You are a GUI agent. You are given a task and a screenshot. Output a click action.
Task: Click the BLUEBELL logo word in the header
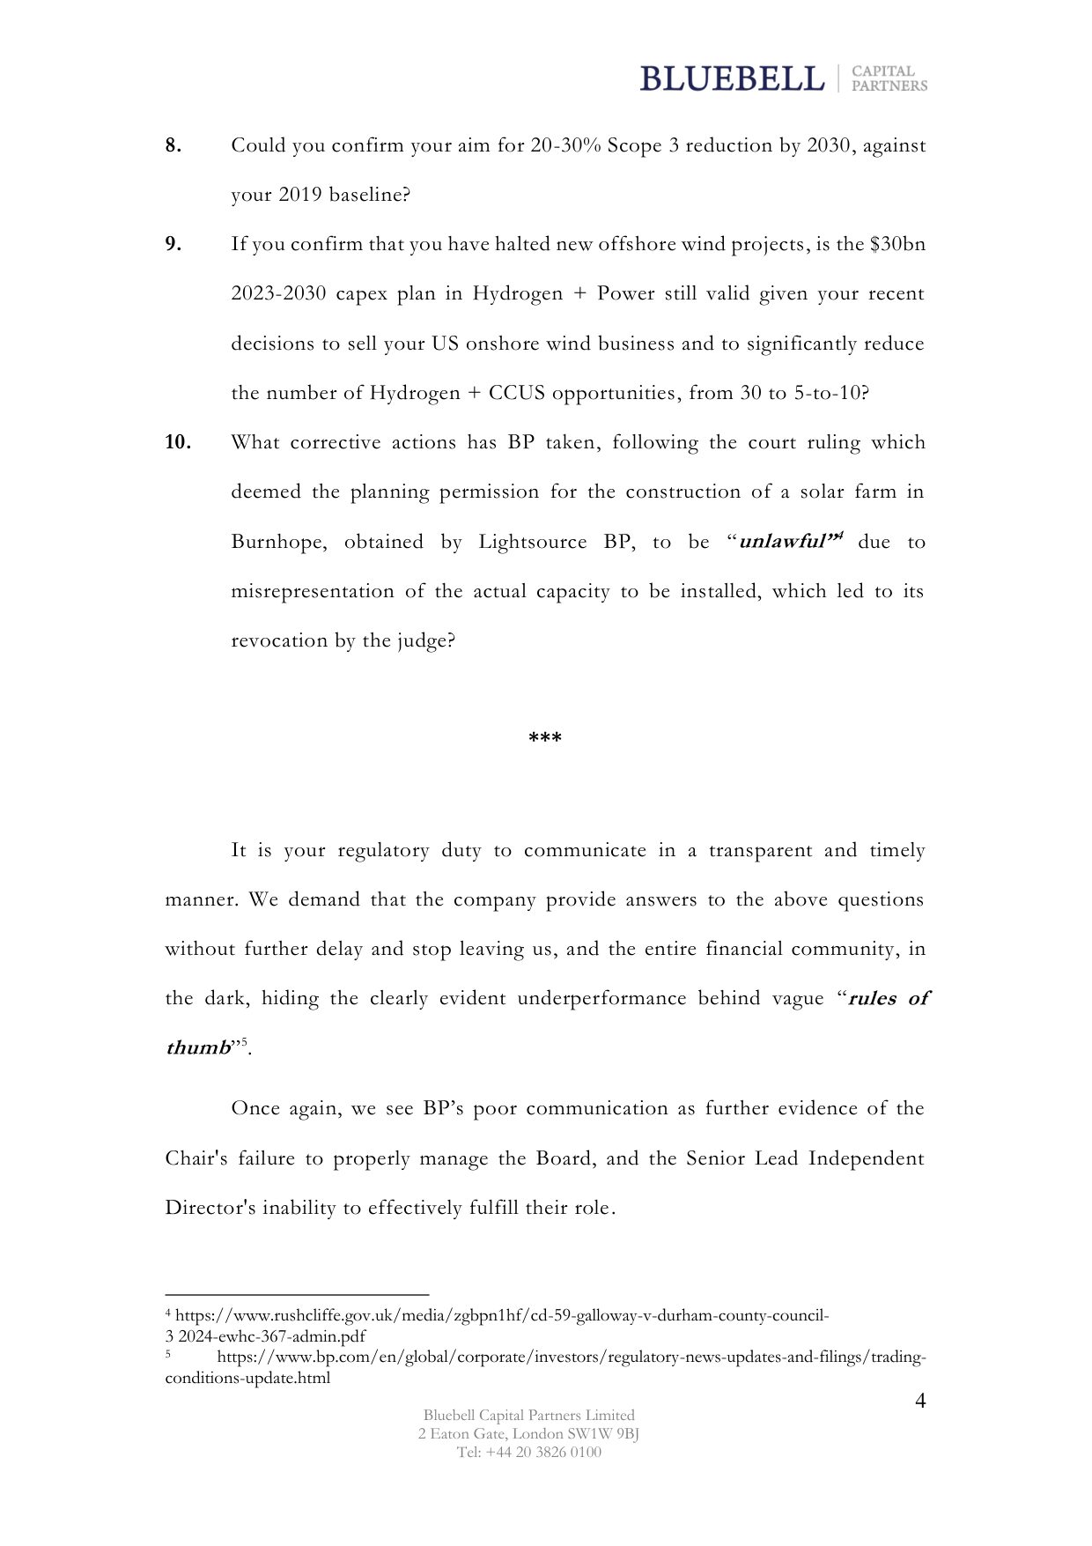coord(732,78)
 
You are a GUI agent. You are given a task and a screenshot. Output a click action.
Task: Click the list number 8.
coord(173,146)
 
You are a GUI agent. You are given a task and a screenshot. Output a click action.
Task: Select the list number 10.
coord(178,442)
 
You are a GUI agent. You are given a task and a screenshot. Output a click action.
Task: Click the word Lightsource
coord(534,542)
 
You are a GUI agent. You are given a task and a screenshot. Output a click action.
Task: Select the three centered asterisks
coord(545,738)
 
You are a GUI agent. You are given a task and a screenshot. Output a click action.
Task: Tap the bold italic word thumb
coord(198,1048)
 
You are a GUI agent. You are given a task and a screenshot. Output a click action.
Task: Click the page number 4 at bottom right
coord(920,1401)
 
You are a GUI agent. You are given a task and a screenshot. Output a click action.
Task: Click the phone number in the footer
coord(528,1452)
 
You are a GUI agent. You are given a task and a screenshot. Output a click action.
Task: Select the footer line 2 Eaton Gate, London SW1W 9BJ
coord(528,1433)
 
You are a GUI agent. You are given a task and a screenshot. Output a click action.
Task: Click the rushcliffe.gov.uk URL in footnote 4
coord(502,1316)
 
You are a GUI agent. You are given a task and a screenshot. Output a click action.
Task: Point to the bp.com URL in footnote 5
coord(571,1357)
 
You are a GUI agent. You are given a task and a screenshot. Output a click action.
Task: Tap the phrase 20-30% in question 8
coord(565,146)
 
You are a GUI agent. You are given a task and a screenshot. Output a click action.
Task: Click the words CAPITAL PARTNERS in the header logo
coord(889,78)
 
